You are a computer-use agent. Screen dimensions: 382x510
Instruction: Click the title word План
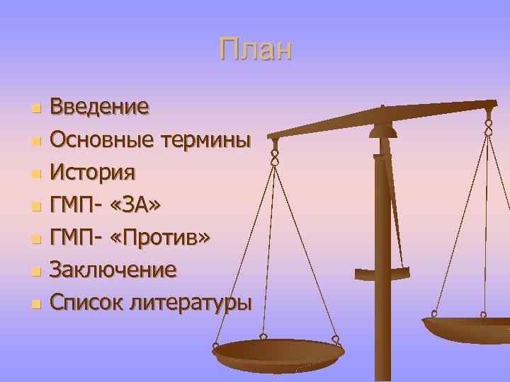click(255, 50)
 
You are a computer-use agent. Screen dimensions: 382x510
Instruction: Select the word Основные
click(96, 139)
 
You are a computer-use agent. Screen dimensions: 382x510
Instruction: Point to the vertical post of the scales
click(382, 269)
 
